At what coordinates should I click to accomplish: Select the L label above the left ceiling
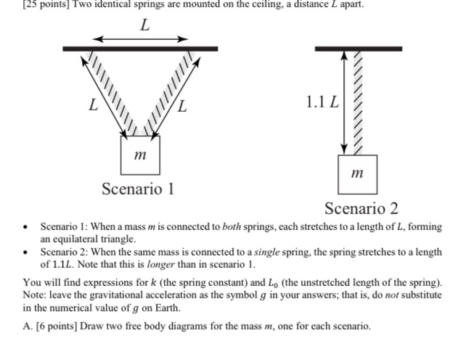click(144, 25)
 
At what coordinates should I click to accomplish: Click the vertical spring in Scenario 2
click(356, 102)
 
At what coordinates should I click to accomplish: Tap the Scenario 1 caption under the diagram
click(138, 190)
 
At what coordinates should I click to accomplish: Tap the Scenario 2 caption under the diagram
click(361, 209)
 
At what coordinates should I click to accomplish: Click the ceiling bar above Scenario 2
click(358, 49)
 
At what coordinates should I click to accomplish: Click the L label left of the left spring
click(92, 107)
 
